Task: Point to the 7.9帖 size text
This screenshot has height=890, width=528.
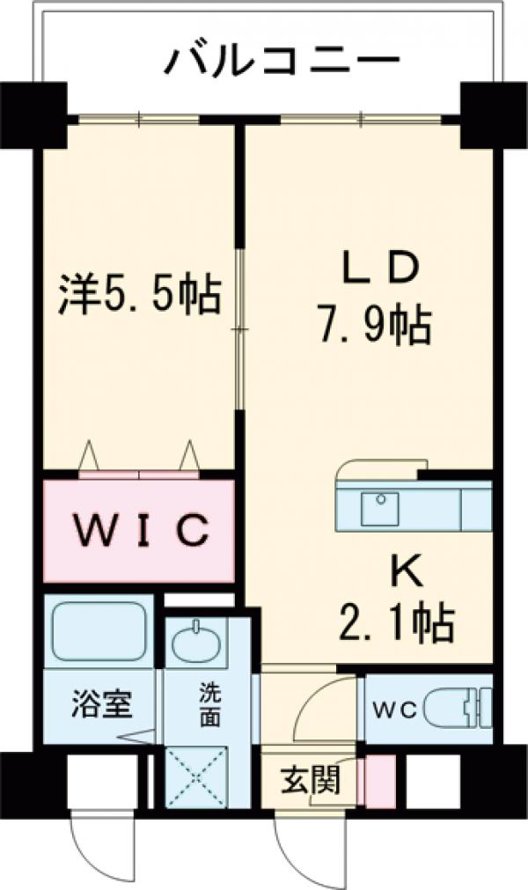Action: [373, 327]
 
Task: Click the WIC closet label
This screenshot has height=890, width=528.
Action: [139, 530]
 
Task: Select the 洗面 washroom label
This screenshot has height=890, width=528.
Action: [209, 703]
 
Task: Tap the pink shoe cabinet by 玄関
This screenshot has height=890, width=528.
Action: [380, 782]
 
